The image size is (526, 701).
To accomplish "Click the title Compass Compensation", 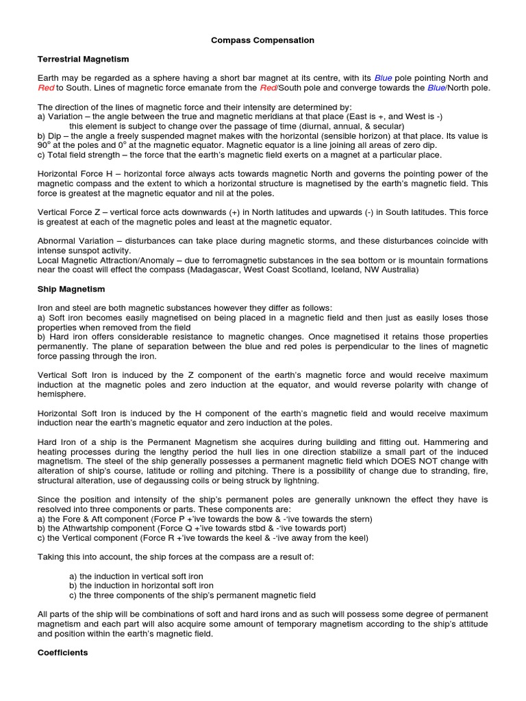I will pyautogui.click(x=262, y=40).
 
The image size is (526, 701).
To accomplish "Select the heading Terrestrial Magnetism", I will pyautogui.click(x=83, y=60).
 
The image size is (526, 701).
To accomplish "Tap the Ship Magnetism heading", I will pyautogui.click(x=71, y=289).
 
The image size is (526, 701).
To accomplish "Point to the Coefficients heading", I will pyautogui.click(x=62, y=652).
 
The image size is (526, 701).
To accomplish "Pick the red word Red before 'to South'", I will pyautogui.click(x=45, y=88).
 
